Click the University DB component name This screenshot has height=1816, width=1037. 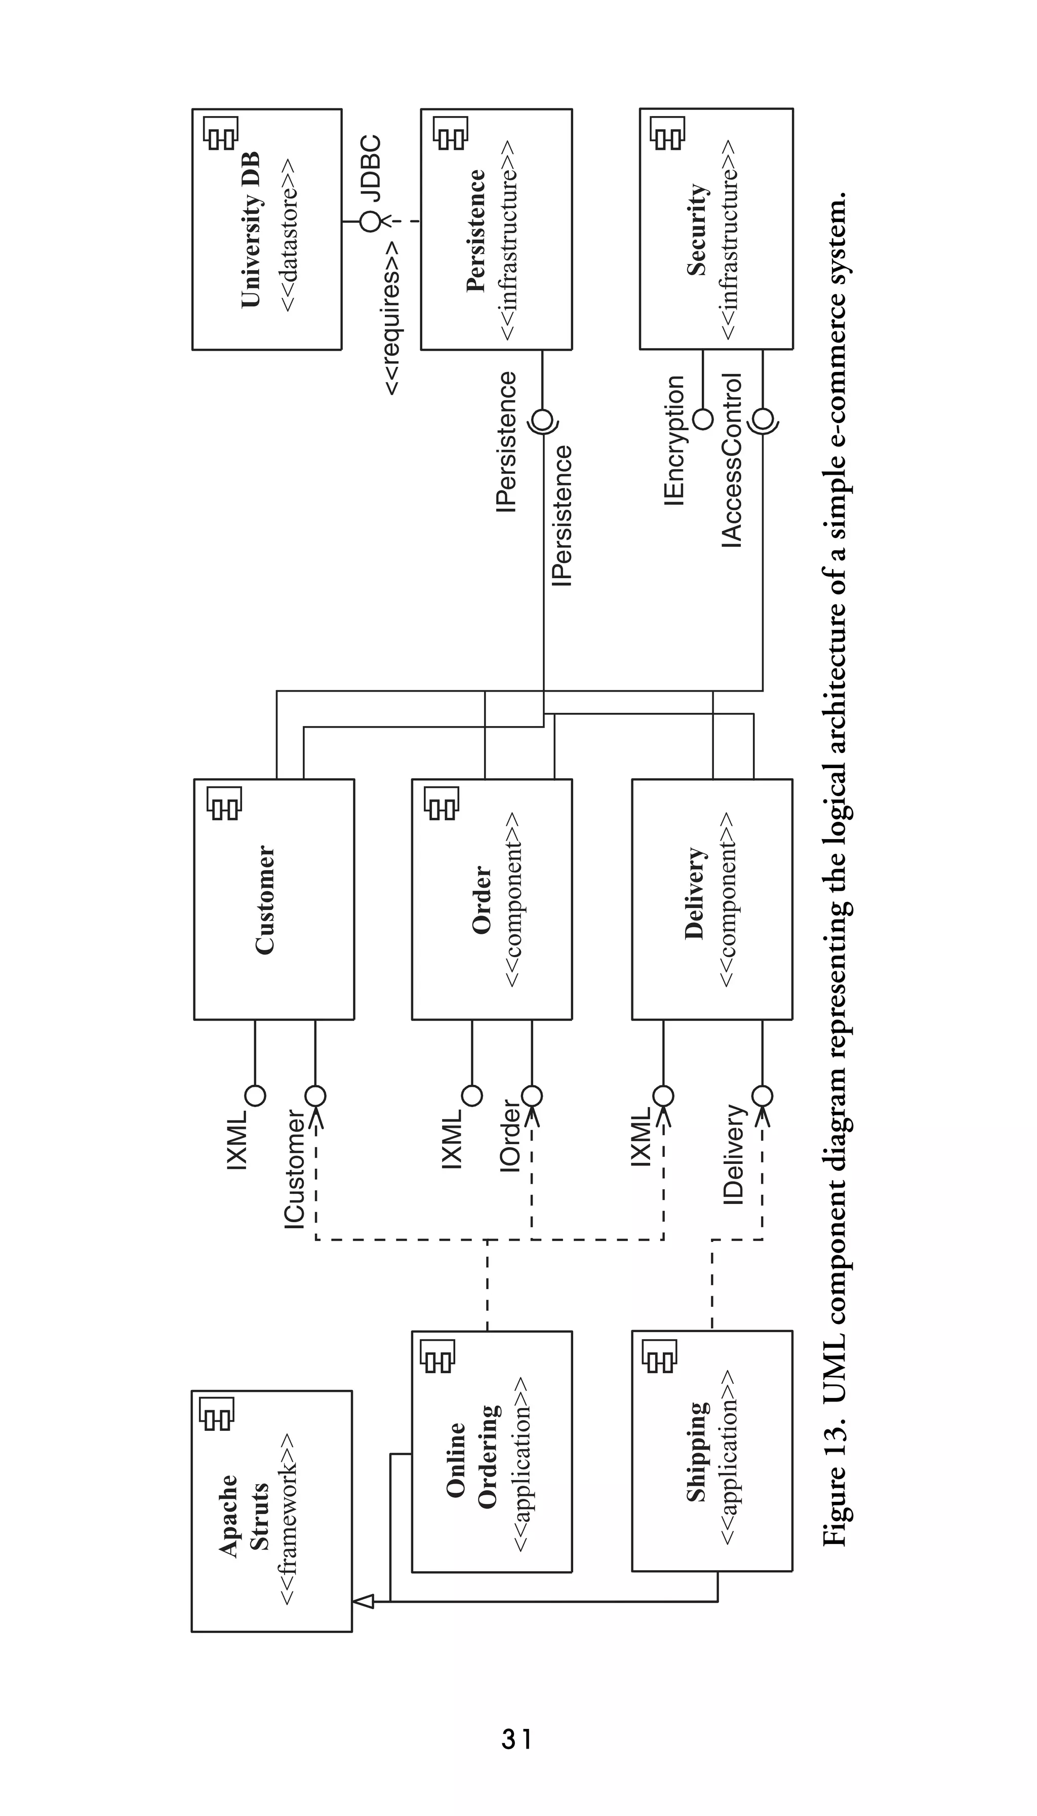coord(251,229)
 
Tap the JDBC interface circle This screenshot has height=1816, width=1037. coord(370,221)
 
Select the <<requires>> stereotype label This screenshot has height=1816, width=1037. coord(392,317)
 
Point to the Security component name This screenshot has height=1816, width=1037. coord(697,230)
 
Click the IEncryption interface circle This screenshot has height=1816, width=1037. coord(703,419)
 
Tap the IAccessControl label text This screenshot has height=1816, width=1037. coord(732,460)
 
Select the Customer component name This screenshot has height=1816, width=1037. coord(265,899)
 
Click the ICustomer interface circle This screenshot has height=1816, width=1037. coord(315,1095)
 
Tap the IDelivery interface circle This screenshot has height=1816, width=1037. coord(762,1095)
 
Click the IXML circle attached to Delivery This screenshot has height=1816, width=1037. coord(663,1095)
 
